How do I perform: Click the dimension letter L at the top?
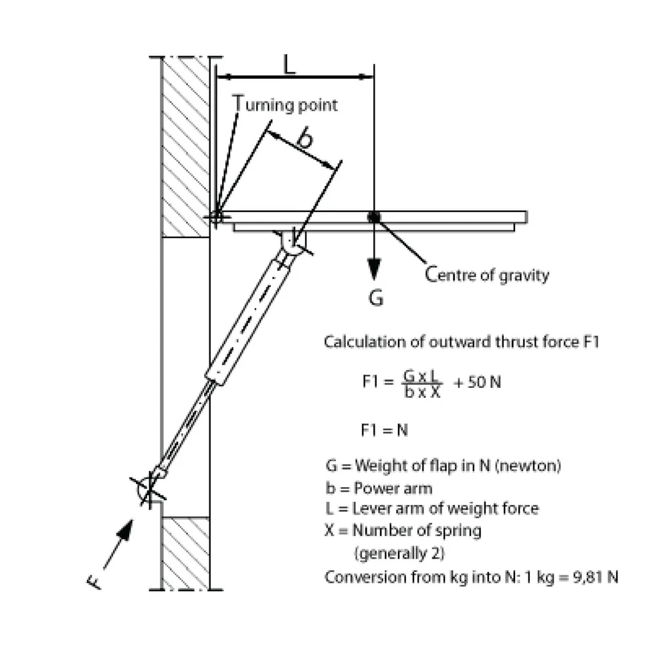tap(289, 64)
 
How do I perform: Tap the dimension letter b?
tap(304, 138)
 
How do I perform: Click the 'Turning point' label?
tap(286, 104)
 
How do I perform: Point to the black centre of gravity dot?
tap(373, 217)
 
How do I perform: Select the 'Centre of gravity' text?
tap(488, 275)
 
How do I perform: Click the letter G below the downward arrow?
tap(376, 298)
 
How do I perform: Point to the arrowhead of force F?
tap(125, 529)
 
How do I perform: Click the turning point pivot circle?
tap(216, 216)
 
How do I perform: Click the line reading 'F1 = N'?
tap(384, 430)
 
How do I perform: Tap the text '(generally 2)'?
tap(398, 553)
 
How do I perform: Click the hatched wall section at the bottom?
tap(185, 553)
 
